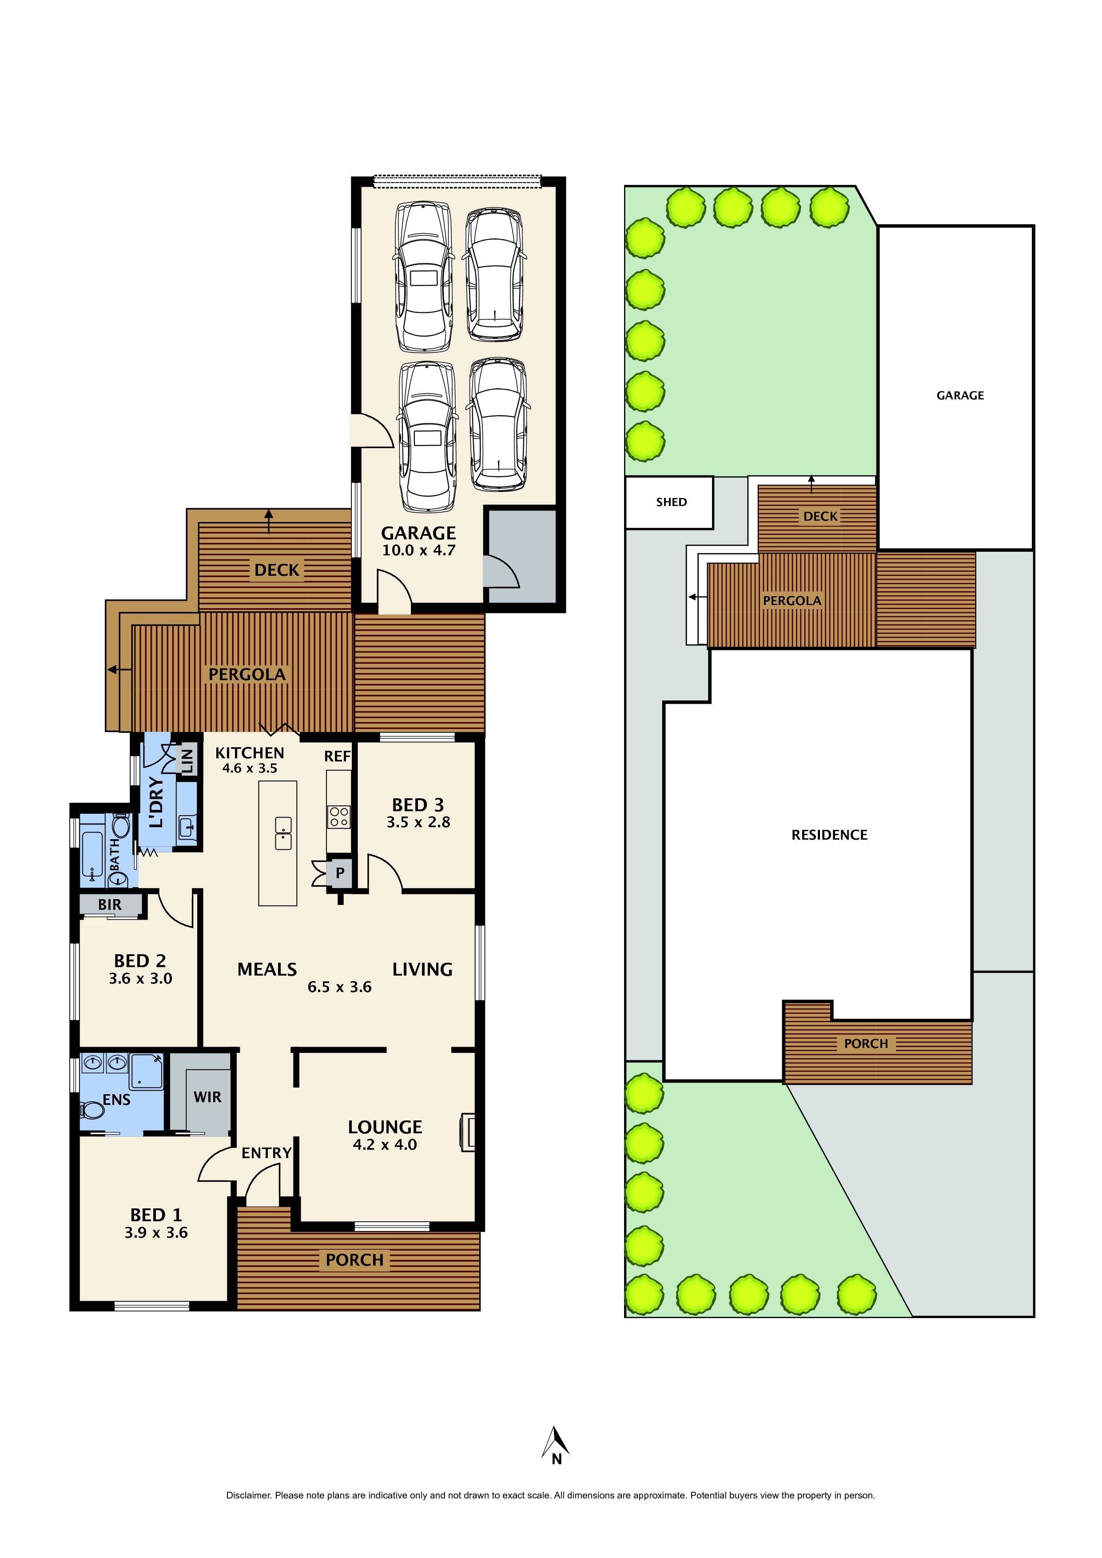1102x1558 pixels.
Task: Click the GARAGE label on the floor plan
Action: point(418,534)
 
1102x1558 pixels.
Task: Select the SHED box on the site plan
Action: point(670,502)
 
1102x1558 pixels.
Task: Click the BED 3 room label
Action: point(418,805)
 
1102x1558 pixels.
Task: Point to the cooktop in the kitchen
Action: point(338,817)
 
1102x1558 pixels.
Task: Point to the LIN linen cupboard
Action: point(188,760)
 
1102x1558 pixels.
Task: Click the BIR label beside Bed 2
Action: point(110,905)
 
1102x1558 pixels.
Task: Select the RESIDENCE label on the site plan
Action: point(829,835)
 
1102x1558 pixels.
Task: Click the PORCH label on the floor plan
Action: point(354,1260)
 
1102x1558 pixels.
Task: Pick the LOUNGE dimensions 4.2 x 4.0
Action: point(384,1145)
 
